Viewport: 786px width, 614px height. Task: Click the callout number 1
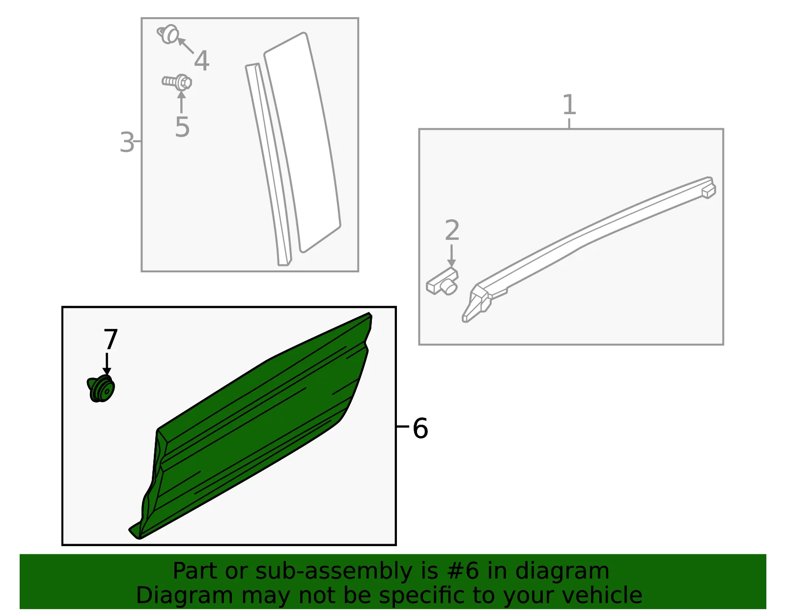[x=569, y=105]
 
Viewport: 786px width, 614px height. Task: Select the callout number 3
[x=127, y=142]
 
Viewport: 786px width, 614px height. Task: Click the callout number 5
[x=182, y=127]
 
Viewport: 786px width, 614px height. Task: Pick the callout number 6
[x=421, y=428]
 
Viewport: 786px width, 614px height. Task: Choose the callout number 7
[x=111, y=339]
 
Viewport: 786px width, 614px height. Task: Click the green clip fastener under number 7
[x=101, y=388]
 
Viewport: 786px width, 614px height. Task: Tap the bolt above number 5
[x=177, y=82]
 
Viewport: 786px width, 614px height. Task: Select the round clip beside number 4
[x=168, y=34]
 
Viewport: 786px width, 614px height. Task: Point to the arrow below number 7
[x=107, y=364]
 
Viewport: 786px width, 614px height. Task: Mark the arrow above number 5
[x=181, y=102]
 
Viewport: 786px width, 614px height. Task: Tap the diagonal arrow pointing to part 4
[x=185, y=45]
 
